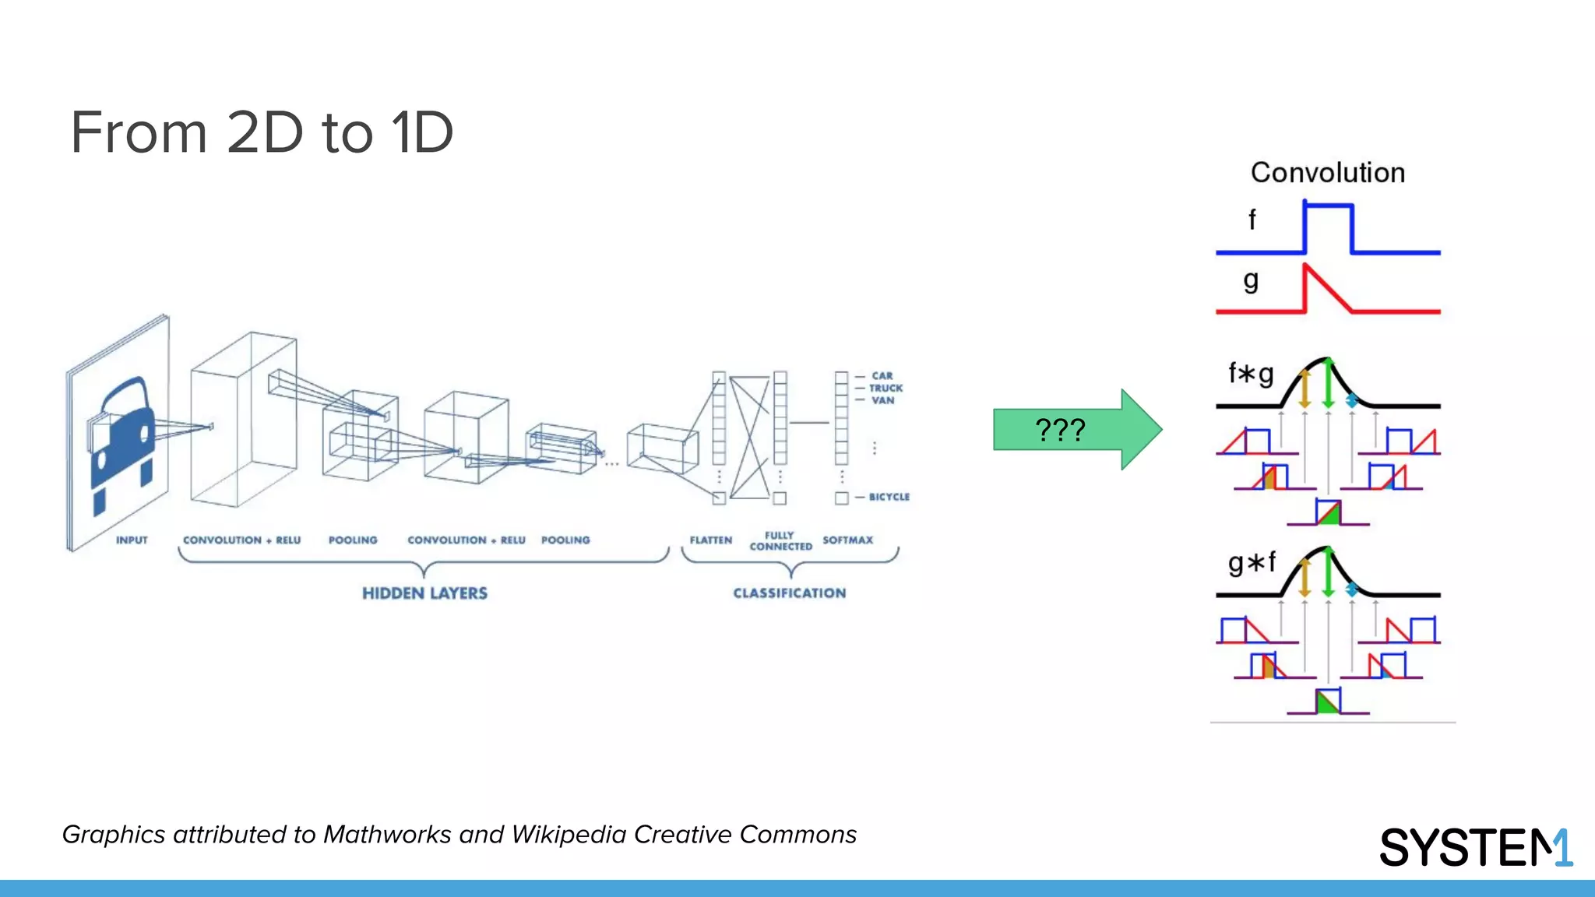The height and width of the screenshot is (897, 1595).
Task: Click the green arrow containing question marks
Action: [x=1075, y=429]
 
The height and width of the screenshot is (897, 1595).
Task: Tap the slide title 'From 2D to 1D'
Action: [x=262, y=132]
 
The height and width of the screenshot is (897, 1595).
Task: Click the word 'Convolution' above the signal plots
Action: [x=1328, y=173]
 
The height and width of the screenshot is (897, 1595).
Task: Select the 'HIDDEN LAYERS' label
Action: [x=424, y=593]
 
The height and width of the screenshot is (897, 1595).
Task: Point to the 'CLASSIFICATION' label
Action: [x=789, y=593]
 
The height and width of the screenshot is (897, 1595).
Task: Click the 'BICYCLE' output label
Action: [x=889, y=497]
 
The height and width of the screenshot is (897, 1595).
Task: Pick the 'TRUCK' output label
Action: [x=886, y=388]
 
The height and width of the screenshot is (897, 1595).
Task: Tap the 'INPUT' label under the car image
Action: [x=132, y=540]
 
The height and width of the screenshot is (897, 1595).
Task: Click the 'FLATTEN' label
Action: [x=710, y=540]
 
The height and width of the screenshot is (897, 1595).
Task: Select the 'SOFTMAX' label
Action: [x=847, y=540]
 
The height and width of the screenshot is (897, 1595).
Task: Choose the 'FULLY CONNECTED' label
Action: [x=780, y=541]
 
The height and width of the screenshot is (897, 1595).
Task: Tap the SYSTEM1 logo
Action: [x=1475, y=847]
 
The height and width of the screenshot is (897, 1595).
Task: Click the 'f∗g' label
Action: [x=1251, y=375]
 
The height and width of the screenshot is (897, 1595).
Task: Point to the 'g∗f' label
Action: [x=1252, y=562]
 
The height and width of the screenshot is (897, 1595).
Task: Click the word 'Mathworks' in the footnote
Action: [x=386, y=835]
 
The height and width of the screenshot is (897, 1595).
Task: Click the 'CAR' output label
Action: [x=882, y=375]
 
